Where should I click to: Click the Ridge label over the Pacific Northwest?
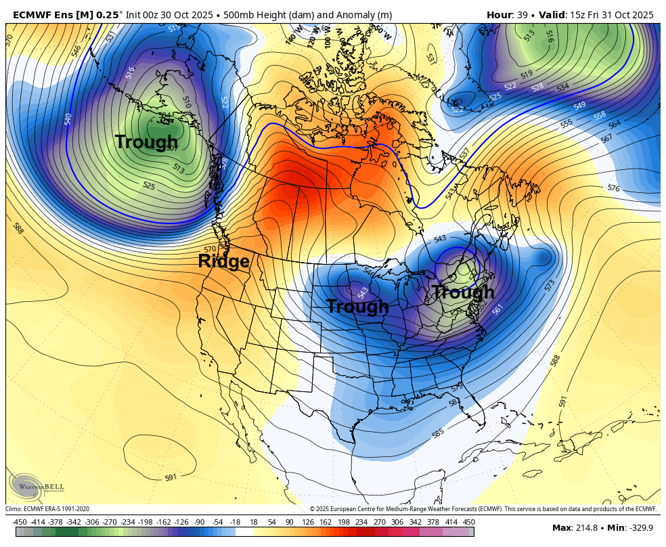[x=223, y=261]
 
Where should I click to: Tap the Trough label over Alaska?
[x=146, y=142]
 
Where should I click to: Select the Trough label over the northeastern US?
[x=463, y=292]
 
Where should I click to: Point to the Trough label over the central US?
[x=357, y=307]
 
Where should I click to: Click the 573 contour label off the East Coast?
[x=550, y=284]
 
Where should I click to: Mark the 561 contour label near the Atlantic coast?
[x=498, y=309]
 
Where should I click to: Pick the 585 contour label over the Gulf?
[x=438, y=433]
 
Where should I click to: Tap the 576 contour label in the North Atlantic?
[x=613, y=188]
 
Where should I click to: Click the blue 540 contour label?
[x=68, y=119]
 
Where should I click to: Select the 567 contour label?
[x=606, y=138]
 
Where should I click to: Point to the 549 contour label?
[x=579, y=106]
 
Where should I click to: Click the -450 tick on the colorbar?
[x=20, y=522]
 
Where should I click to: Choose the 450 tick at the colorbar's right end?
[x=468, y=522]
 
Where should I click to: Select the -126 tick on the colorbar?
[x=181, y=522]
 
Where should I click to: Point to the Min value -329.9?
[x=632, y=528]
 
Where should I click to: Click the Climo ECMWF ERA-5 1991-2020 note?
[x=47, y=509]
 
